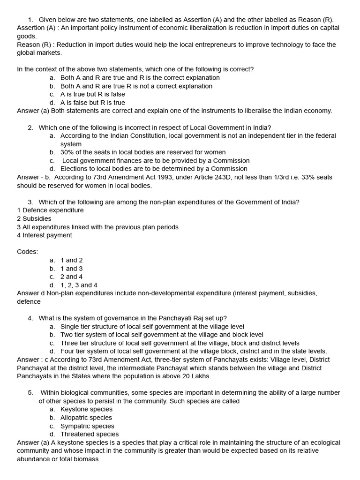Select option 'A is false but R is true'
click(93, 103)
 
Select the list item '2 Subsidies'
click(34, 219)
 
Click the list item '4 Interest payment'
click(45, 235)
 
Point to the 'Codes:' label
click(28, 252)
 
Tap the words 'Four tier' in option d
click(74, 351)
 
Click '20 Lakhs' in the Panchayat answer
click(196, 376)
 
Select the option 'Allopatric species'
click(86, 418)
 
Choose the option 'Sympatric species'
click(87, 426)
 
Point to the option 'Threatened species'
click(90, 434)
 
